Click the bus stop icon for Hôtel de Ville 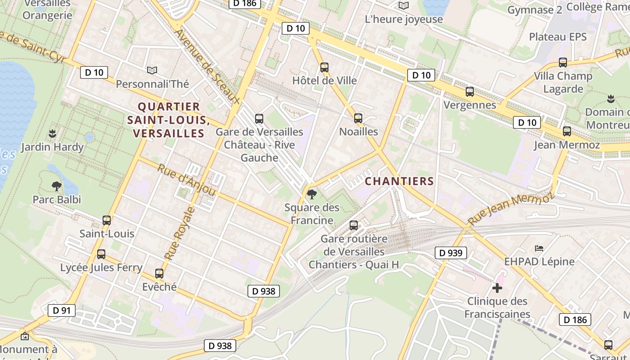[324, 67]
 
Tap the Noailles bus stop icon [358, 118]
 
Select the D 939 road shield [451, 253]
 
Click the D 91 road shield [62, 310]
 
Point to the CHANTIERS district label [399, 181]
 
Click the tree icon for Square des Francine [311, 194]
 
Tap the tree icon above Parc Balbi [57, 186]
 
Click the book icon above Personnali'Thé [152, 70]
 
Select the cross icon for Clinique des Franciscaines [497, 288]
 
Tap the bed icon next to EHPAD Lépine [539, 248]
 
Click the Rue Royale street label [180, 233]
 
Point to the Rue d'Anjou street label [186, 180]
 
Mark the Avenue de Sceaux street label [207, 66]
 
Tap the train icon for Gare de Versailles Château [259, 119]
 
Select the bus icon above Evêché [159, 273]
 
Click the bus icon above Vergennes [470, 92]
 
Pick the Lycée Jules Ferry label [101, 268]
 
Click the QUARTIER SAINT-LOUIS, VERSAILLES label [169, 120]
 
